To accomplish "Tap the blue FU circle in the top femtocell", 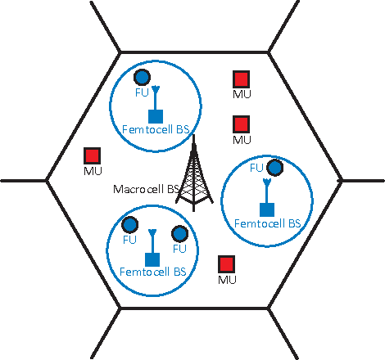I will pos(142,78).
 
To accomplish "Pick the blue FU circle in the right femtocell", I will pos(275,168).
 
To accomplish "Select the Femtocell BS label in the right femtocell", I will pos(267,223).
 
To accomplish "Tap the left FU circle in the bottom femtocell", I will pos(129,226).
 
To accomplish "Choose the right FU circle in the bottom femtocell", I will pos(179,233).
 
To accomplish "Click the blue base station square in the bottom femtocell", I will pos(151,259).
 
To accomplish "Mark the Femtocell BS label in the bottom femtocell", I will pos(153,271).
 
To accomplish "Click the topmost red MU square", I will pos(241,79).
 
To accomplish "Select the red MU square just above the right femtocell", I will pos(241,124).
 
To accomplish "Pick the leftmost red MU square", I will pos(92,155).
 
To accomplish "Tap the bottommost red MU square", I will pos(226,264).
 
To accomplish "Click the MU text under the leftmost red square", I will pos(92,171).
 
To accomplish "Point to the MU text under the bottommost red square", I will pos(227,280).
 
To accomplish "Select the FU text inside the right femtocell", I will pos(256,168).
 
